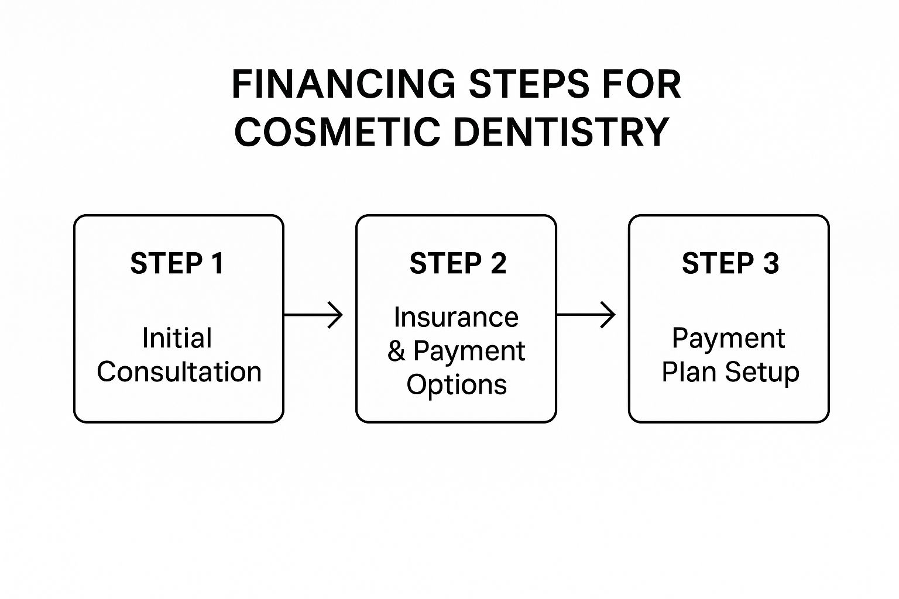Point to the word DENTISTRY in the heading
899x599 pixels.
point(561,132)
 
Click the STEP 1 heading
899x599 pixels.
point(177,263)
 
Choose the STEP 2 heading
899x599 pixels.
point(458,263)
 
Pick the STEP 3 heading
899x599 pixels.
point(730,263)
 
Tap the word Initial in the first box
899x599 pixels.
point(177,338)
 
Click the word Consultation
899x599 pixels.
point(179,372)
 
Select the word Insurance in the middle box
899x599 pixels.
point(456,318)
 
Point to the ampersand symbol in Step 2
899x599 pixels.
point(396,351)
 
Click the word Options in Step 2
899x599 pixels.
point(457,385)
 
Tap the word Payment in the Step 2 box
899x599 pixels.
point(469,352)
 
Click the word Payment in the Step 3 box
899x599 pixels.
point(728,338)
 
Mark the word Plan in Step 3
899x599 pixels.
point(689,372)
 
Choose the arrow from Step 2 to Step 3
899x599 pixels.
point(586,315)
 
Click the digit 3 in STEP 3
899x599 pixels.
point(771,263)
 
